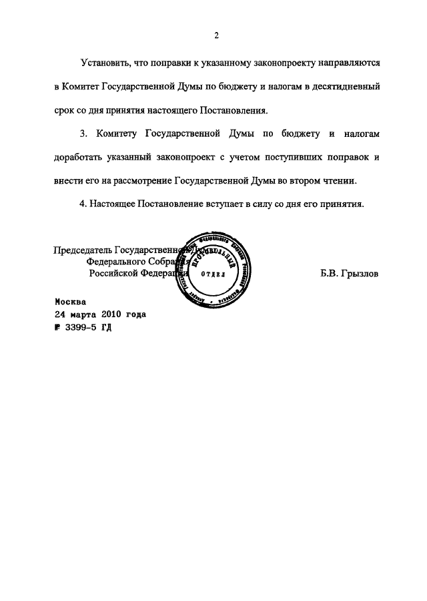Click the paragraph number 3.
(x=83, y=134)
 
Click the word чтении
(x=342, y=181)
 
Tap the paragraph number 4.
(x=83, y=204)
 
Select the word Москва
(x=70, y=301)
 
